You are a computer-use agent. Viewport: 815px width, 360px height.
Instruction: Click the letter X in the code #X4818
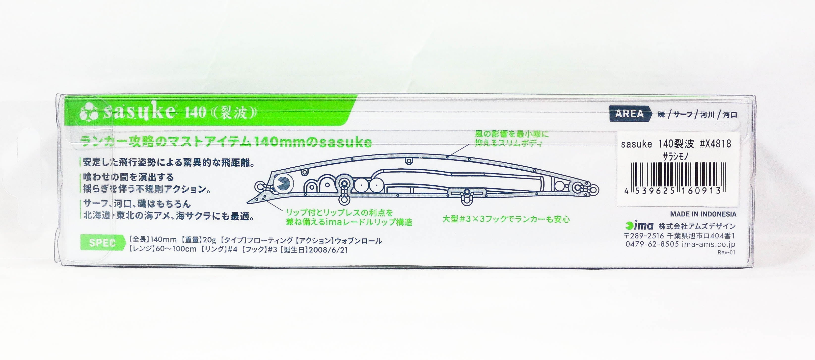[x=707, y=144]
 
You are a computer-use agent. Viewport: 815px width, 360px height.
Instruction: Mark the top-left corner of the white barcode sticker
[x=618, y=132]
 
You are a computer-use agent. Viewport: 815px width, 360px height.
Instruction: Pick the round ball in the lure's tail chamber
[x=559, y=187]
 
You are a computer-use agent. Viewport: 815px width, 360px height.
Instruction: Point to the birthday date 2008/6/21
[x=328, y=250]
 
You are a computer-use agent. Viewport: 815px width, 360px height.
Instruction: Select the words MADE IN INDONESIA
[x=703, y=214]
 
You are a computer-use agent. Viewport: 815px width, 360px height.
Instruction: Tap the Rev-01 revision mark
[x=726, y=253]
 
